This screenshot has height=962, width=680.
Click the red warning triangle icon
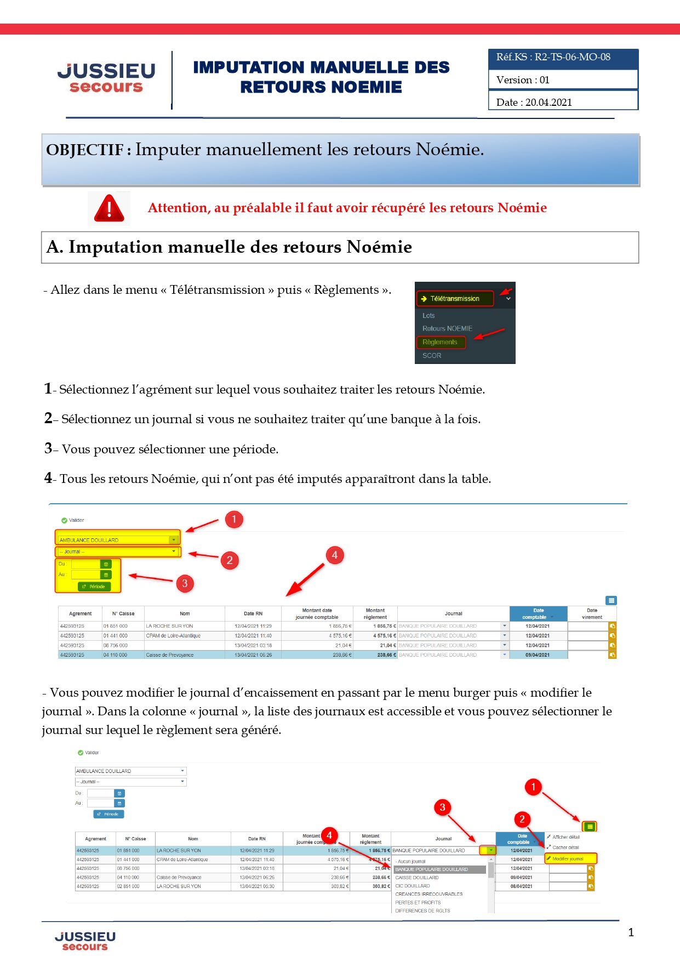point(109,208)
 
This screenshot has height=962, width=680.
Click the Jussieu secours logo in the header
point(106,78)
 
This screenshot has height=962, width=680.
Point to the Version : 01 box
point(563,80)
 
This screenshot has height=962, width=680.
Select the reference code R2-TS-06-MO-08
point(572,57)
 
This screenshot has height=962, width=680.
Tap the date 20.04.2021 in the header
point(548,103)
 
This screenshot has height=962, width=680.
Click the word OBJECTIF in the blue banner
point(85,150)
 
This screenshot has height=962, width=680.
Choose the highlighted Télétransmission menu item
point(455,299)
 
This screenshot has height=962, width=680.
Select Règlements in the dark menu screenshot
point(440,342)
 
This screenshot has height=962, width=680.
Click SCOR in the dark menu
point(432,356)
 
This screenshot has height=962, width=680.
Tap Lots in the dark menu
point(428,316)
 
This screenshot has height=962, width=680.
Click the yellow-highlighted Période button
point(94,587)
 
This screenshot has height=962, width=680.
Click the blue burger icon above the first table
point(612,600)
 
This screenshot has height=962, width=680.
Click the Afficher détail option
point(565,837)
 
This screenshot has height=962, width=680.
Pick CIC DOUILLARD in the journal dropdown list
point(413,886)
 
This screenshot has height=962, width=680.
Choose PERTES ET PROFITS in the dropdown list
point(418,902)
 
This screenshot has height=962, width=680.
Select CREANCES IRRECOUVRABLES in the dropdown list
point(429,894)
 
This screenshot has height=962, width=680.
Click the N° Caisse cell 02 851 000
point(128,886)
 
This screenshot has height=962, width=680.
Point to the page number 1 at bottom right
point(631,932)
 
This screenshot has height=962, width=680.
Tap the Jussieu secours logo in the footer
point(85,941)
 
